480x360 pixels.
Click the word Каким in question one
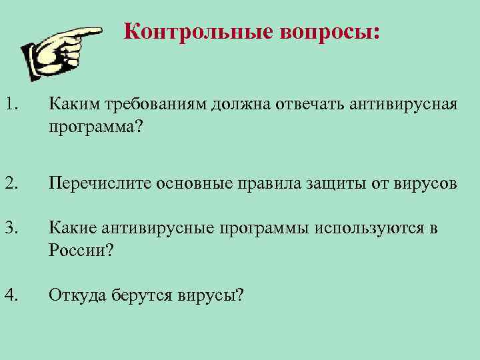71,105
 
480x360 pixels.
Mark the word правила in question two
263,183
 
